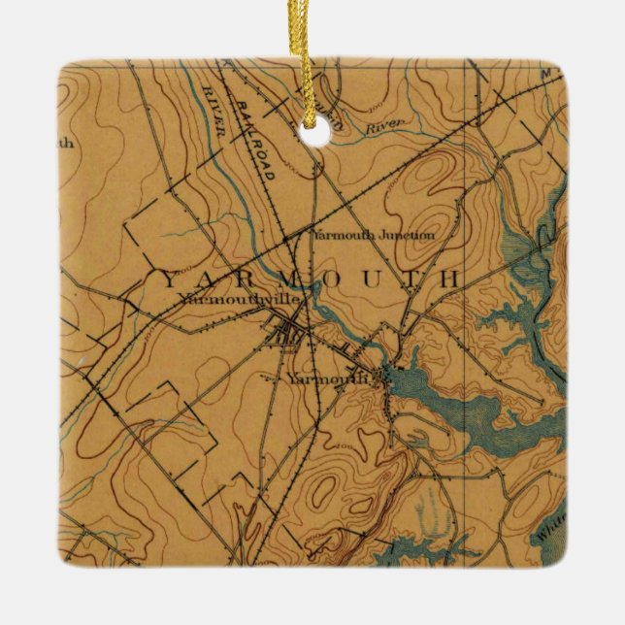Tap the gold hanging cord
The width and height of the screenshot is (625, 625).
pyautogui.click(x=312, y=58)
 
